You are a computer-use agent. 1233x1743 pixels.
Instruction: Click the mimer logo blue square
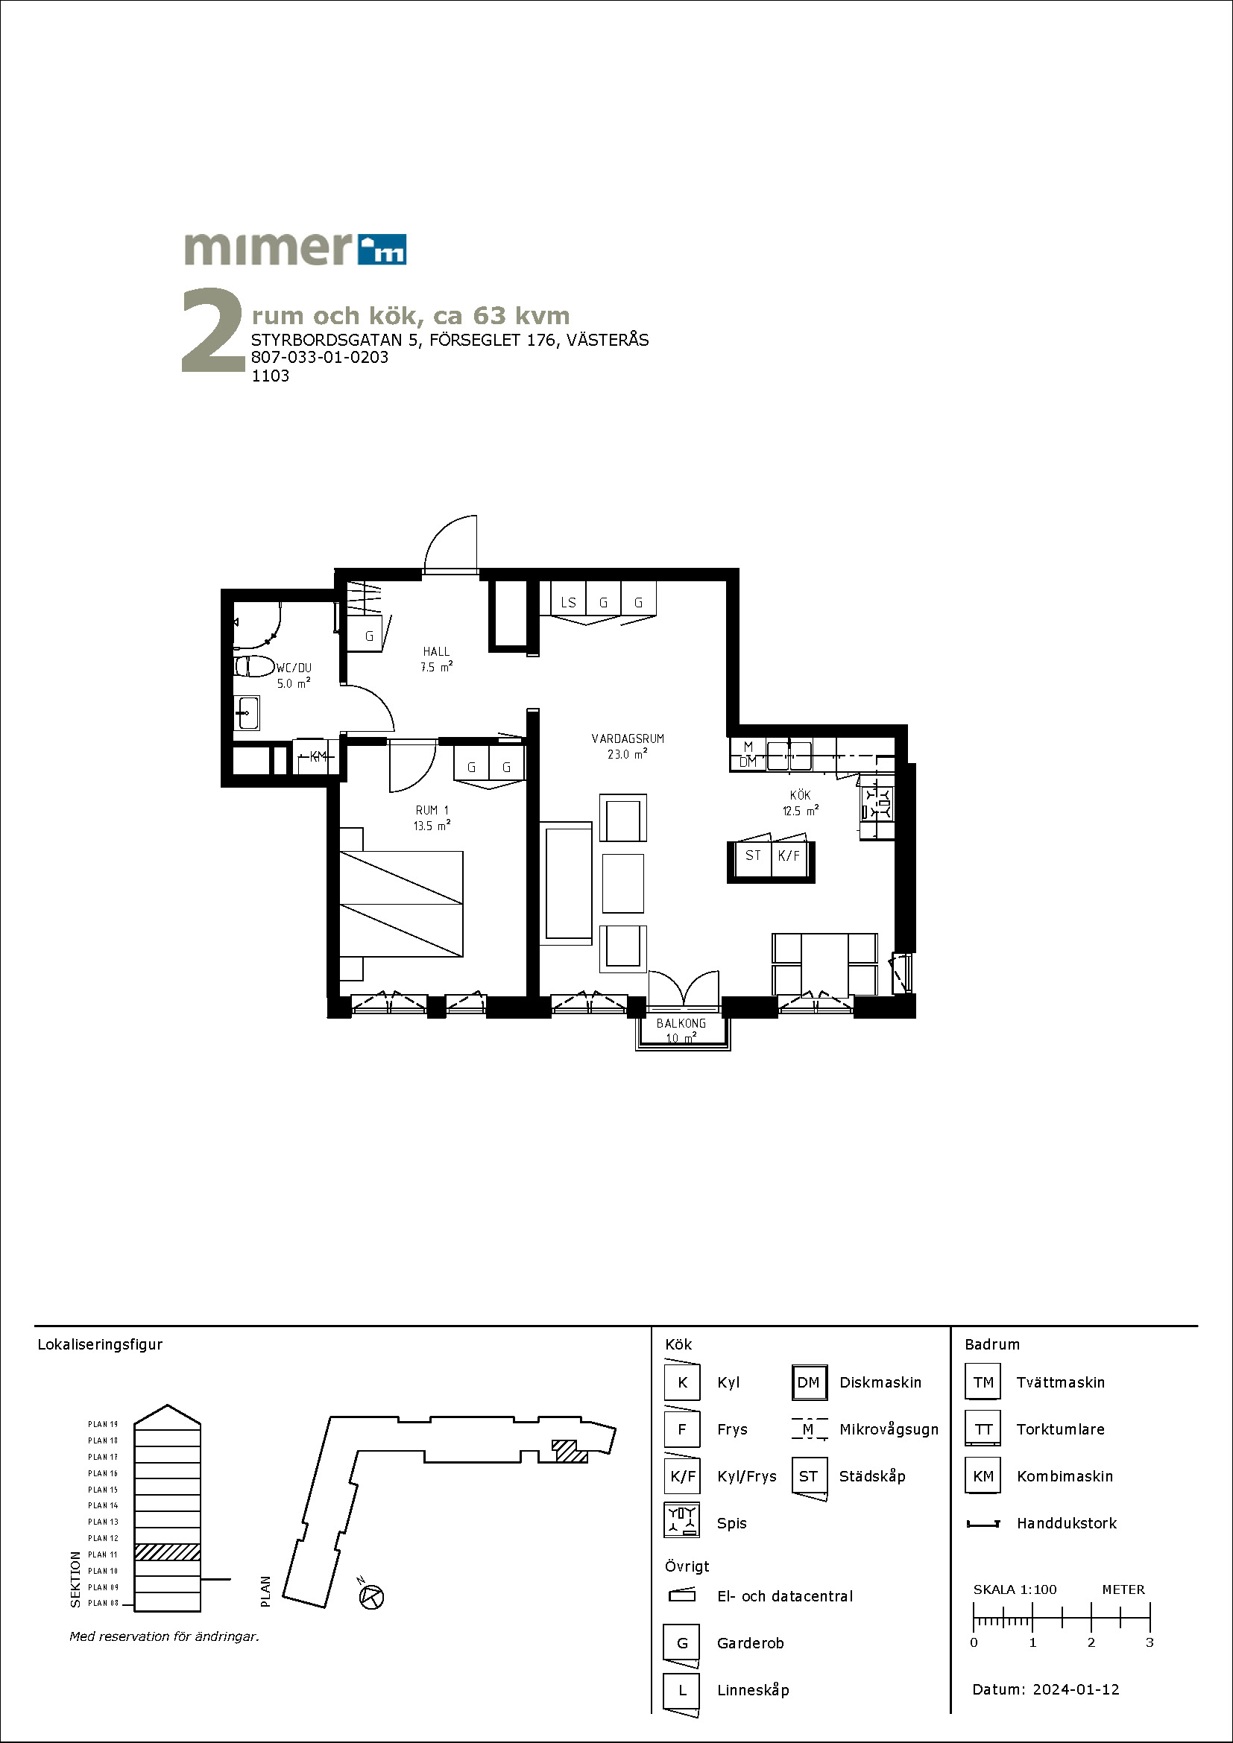pos(381,249)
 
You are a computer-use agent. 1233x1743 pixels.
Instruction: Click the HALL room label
pos(437,651)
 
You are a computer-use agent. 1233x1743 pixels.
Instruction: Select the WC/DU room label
pos(293,668)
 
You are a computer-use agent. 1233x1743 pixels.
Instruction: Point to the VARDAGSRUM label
pos(628,738)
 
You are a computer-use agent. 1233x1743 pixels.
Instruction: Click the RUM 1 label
pos(432,810)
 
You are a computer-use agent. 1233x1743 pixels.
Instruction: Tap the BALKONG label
pos(681,1023)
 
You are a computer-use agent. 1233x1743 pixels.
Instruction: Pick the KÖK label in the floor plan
pos(800,795)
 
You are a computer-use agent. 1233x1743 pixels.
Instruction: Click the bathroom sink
pos(247,713)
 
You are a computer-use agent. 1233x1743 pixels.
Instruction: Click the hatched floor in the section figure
pos(167,1551)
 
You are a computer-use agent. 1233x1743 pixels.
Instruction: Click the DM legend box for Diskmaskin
pos(809,1382)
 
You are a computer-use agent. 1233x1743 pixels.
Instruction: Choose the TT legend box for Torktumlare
pos(983,1429)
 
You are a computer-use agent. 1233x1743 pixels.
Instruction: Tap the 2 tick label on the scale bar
pos(1091,1642)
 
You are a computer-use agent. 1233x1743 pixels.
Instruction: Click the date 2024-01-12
pos(1076,1689)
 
